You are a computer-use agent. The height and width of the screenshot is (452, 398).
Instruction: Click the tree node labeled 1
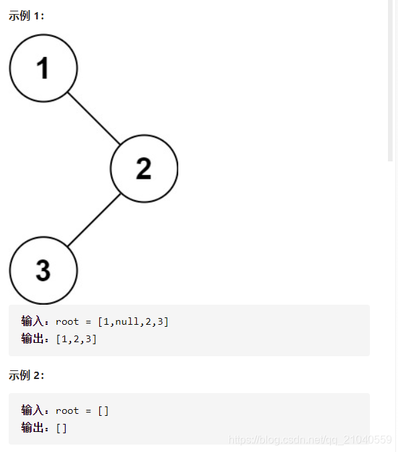[x=44, y=68]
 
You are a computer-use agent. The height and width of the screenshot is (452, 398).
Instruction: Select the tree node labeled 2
[x=144, y=169]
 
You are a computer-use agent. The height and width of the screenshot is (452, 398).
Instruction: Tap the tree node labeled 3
[x=44, y=270]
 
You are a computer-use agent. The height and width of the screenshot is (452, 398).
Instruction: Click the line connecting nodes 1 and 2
[x=94, y=118]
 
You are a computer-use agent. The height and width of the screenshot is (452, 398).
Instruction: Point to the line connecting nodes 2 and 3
[x=94, y=220]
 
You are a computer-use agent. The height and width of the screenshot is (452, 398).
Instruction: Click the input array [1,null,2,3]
[x=133, y=322]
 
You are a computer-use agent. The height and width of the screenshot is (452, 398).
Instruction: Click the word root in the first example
[x=67, y=322]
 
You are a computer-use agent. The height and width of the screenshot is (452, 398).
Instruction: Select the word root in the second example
[x=67, y=410]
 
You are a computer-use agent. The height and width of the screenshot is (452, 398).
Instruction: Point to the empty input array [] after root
[x=103, y=410]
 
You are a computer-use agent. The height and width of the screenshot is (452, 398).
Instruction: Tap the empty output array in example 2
[x=62, y=428]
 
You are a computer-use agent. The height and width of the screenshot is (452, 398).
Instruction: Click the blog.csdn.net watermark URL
[x=310, y=440]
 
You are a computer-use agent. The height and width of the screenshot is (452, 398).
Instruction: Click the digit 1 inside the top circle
[x=44, y=68]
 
